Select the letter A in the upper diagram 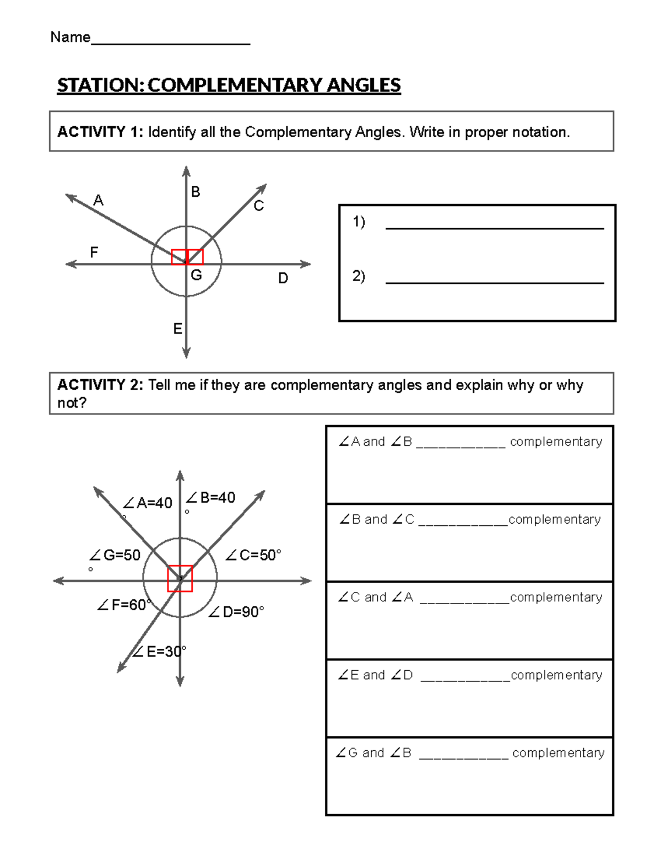click(99, 200)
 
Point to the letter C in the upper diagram click(258, 206)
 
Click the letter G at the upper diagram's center click(196, 275)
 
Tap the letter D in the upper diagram click(283, 278)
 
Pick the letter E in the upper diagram click(177, 329)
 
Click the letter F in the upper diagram click(94, 252)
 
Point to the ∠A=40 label click(148, 503)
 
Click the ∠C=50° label click(253, 555)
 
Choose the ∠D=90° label click(236, 612)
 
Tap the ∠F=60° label click(123, 605)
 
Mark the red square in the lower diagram click(180, 579)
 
